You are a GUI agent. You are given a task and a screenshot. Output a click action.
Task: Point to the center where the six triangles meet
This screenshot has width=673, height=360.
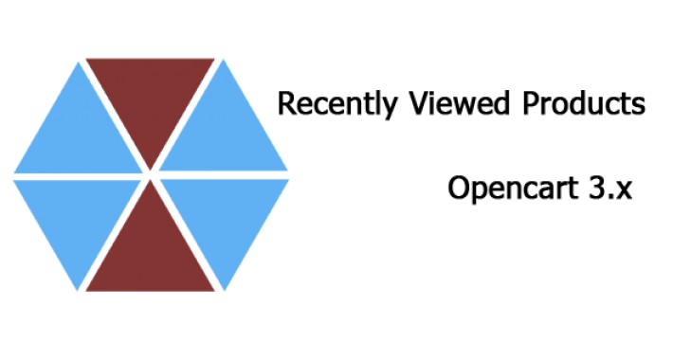[151, 175]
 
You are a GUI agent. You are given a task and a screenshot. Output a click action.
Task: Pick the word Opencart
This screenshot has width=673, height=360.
[505, 189]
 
